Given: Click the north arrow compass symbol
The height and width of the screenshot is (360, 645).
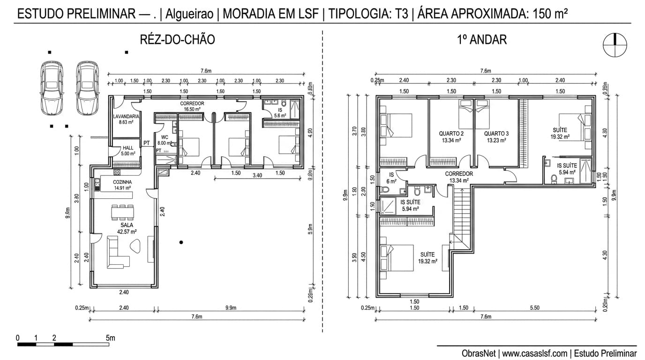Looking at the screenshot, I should (615, 45).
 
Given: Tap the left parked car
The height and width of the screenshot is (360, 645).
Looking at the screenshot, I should (51, 88).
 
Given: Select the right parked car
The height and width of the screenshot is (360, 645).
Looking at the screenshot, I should (87, 88).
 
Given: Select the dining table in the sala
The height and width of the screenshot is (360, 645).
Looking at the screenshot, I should (122, 212).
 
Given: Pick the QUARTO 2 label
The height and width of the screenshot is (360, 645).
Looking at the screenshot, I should (451, 136).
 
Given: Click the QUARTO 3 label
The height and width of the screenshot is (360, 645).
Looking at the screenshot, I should (496, 136).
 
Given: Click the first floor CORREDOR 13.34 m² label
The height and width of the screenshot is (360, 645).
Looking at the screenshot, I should (458, 177).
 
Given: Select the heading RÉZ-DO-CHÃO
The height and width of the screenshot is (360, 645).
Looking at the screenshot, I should (177, 40).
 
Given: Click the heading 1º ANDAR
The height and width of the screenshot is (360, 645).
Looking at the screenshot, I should (481, 40).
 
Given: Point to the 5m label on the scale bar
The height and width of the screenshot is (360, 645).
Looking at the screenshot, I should (110, 338).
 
